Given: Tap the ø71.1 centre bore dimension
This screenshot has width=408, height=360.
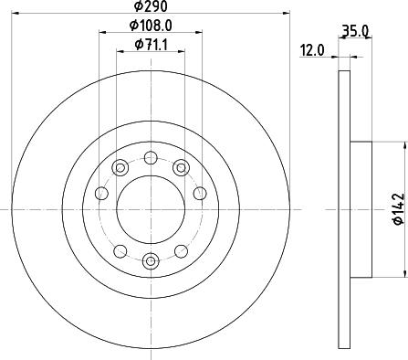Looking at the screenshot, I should point(151,45).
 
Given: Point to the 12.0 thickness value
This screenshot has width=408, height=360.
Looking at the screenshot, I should point(314,52).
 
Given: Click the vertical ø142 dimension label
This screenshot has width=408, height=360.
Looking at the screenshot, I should point(397,208).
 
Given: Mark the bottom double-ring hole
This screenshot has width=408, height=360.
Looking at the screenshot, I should point(150,259).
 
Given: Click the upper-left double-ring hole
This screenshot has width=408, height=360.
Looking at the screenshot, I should point(119,167).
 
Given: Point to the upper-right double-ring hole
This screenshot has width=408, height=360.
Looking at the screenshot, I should point(181,166).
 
